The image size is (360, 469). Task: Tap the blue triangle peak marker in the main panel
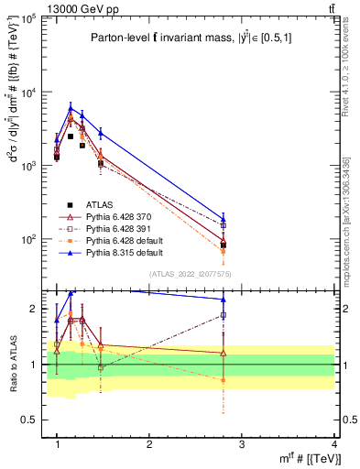click(x=71, y=108)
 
